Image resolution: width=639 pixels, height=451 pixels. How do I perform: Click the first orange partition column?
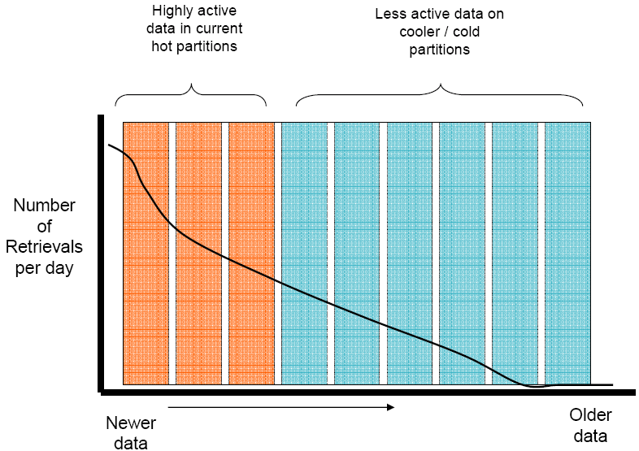[146, 252]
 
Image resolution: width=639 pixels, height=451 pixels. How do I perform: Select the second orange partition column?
[198, 252]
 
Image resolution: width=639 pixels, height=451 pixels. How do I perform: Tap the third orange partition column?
[251, 252]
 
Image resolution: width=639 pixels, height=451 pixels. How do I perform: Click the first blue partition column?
[304, 252]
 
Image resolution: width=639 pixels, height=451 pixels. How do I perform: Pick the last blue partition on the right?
[567, 252]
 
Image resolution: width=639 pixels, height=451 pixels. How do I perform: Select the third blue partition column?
[410, 252]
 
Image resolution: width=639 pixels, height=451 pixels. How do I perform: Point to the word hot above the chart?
[164, 46]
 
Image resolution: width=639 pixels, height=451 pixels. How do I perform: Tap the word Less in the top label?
[390, 15]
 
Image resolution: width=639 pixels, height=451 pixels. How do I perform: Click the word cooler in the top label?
[419, 32]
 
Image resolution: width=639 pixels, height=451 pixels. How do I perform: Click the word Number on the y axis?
[44, 206]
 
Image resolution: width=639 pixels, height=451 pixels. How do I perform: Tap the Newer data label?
[130, 432]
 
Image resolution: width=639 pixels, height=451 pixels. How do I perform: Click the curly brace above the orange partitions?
[191, 91]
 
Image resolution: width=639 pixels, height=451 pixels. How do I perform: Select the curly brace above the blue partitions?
[440, 91]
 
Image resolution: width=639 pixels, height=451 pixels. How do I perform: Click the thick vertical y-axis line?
[99, 252]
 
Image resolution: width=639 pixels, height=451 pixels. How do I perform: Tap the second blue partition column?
[357, 252]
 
